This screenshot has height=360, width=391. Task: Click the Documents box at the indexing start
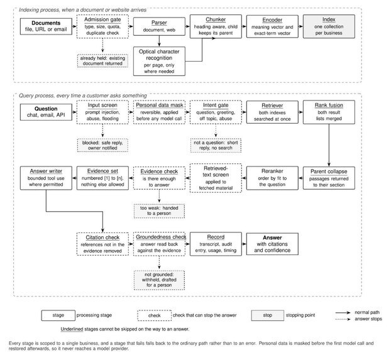pos(46,26)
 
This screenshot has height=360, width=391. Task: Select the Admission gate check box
pos(102,26)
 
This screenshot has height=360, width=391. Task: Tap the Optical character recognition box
pos(159,61)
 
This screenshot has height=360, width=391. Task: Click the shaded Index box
pos(329,26)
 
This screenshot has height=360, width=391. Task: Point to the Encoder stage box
pos(272,26)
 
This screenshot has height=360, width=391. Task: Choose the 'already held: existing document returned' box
pos(102,60)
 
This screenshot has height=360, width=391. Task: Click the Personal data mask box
pos(159,112)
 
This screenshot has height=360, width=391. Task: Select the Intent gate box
pos(216,112)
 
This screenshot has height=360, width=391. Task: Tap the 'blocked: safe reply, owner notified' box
pos(102,145)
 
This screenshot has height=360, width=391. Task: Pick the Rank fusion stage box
pos(329,112)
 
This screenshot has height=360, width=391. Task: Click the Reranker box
pos(272,178)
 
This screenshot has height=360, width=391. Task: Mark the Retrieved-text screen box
pos(216,178)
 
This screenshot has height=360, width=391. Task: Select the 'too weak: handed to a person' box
pos(159,211)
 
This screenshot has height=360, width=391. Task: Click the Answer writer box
pos(46,178)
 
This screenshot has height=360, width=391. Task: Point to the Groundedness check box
pos(159,244)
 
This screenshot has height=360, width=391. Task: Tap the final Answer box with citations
pos(272,244)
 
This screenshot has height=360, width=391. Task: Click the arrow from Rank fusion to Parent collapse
pos(329,145)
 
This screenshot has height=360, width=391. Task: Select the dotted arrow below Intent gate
pos(216,131)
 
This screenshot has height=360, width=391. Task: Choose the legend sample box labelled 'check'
pos(155,315)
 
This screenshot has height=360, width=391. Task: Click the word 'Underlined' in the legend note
pos(72,329)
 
